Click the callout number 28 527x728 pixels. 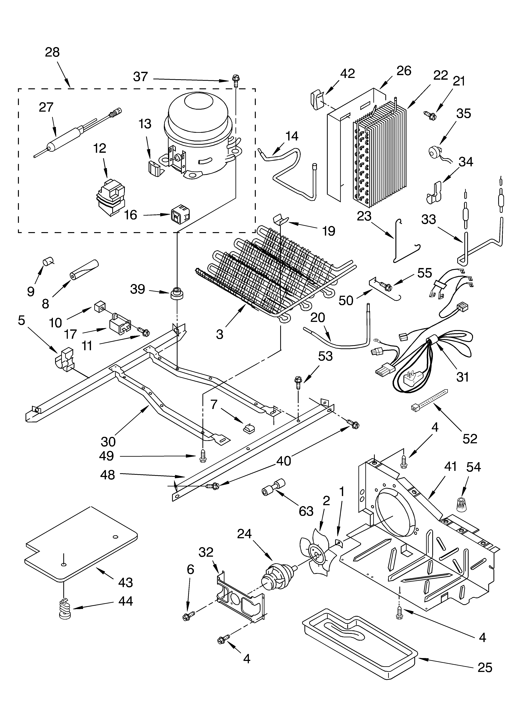point(52,52)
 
